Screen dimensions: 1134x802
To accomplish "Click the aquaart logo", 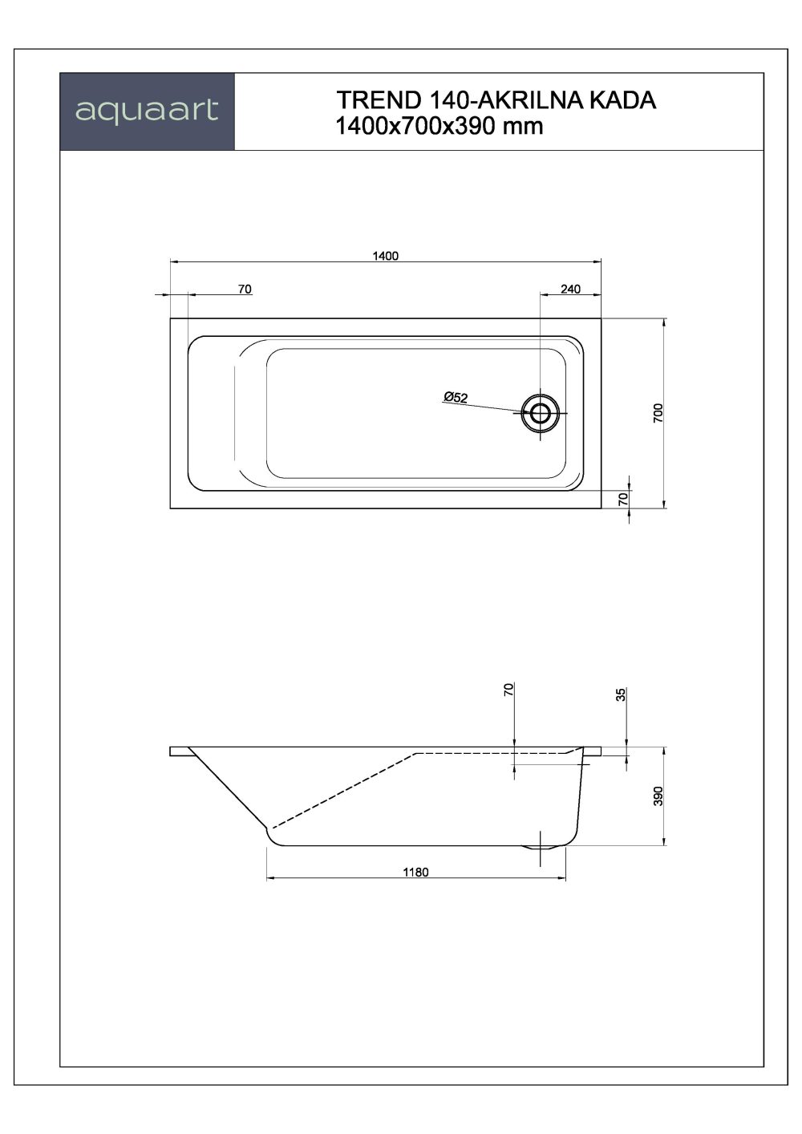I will click(147, 111).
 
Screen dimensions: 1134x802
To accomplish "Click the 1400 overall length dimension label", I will click(386, 256).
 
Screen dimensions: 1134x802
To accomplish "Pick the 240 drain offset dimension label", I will click(570, 289).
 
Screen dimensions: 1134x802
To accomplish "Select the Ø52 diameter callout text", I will click(455, 397).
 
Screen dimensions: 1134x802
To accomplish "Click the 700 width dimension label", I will click(657, 413).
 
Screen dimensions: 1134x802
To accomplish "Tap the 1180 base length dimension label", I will click(415, 872).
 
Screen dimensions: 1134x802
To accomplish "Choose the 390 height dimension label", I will click(657, 796).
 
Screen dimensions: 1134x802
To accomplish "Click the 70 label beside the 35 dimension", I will click(508, 690).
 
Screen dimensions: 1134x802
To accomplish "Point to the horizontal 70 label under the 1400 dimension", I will click(245, 289).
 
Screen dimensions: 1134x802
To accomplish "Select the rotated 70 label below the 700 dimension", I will click(622, 498).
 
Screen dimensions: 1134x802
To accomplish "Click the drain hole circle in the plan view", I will click(540, 413).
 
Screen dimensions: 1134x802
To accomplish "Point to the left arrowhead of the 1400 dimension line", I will click(174, 262).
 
